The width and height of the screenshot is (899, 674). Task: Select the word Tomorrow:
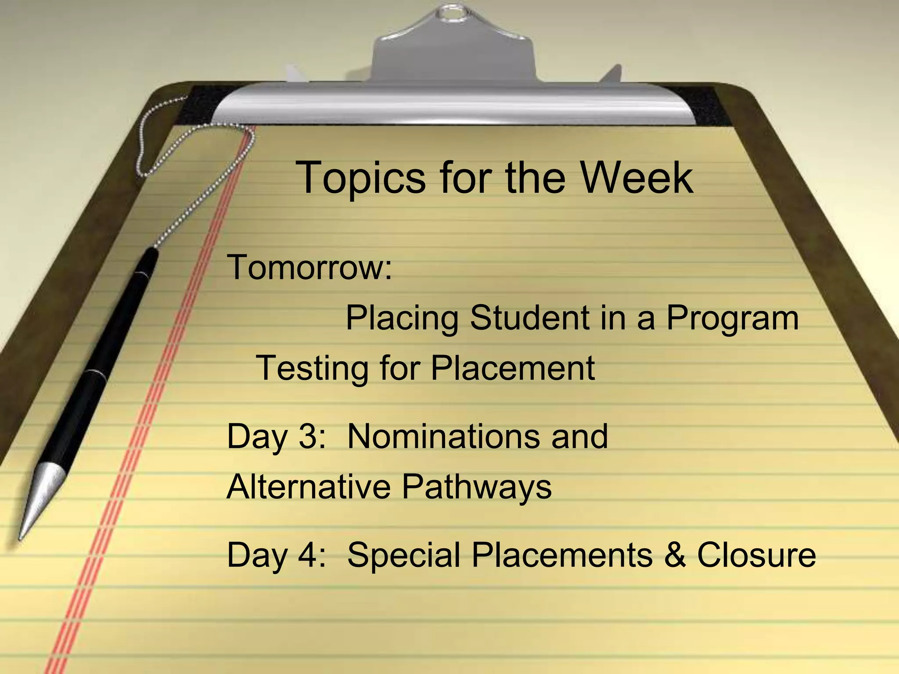309,267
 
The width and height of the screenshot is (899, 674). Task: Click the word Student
529,318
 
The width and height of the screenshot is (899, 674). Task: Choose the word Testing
312,369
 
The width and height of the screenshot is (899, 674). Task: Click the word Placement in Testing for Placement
512,368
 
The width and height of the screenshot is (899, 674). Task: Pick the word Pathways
477,487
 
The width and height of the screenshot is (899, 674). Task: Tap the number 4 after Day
309,555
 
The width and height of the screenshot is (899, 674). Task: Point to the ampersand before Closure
675,555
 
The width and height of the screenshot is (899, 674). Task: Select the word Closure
756,555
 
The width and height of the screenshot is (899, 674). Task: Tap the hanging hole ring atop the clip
452,14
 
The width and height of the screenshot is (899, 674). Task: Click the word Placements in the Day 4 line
562,555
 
